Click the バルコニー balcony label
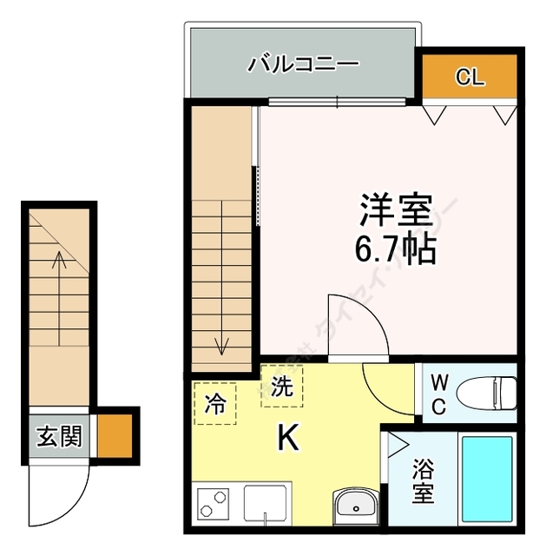point(304,64)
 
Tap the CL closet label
point(469,77)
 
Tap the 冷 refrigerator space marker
point(214,403)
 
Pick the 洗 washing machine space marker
point(282,387)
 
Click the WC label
point(440,394)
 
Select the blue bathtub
point(487,481)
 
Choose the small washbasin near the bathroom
point(355,503)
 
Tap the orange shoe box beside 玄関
point(113,435)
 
